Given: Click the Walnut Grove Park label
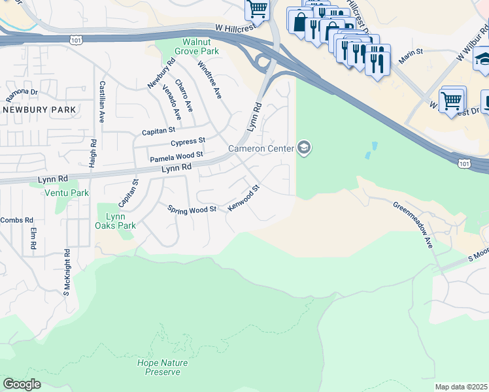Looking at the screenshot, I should pyautogui.click(x=190, y=46).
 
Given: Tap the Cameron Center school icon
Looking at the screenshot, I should pyautogui.click(x=303, y=149).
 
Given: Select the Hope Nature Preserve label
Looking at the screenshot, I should pyautogui.click(x=162, y=367).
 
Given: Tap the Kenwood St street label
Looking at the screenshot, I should pyautogui.click(x=244, y=198).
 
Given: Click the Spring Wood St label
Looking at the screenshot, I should pyautogui.click(x=192, y=210).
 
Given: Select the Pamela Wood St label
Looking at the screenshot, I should pyautogui.click(x=177, y=157).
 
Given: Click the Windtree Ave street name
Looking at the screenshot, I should pyautogui.click(x=210, y=80).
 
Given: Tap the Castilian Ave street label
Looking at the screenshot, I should pyautogui.click(x=101, y=102).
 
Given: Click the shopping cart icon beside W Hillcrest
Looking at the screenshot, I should pyautogui.click(x=258, y=9).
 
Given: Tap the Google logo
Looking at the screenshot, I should pyautogui.click(x=22, y=384).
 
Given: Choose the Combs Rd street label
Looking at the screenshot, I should pyautogui.click(x=11, y=220).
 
